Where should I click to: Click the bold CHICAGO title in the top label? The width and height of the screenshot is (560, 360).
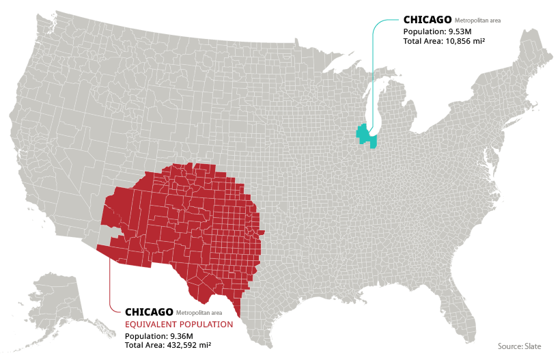[427, 20]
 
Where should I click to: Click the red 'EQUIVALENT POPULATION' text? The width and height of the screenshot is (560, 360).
[178, 324]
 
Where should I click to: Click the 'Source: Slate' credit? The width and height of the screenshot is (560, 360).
[519, 346]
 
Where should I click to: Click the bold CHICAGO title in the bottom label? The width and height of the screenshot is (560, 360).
[149, 312]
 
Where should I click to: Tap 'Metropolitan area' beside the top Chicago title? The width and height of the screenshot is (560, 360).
[477, 21]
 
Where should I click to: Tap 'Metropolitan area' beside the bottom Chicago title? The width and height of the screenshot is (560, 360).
[199, 314]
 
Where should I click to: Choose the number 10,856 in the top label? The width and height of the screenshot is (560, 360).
[465, 41]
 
